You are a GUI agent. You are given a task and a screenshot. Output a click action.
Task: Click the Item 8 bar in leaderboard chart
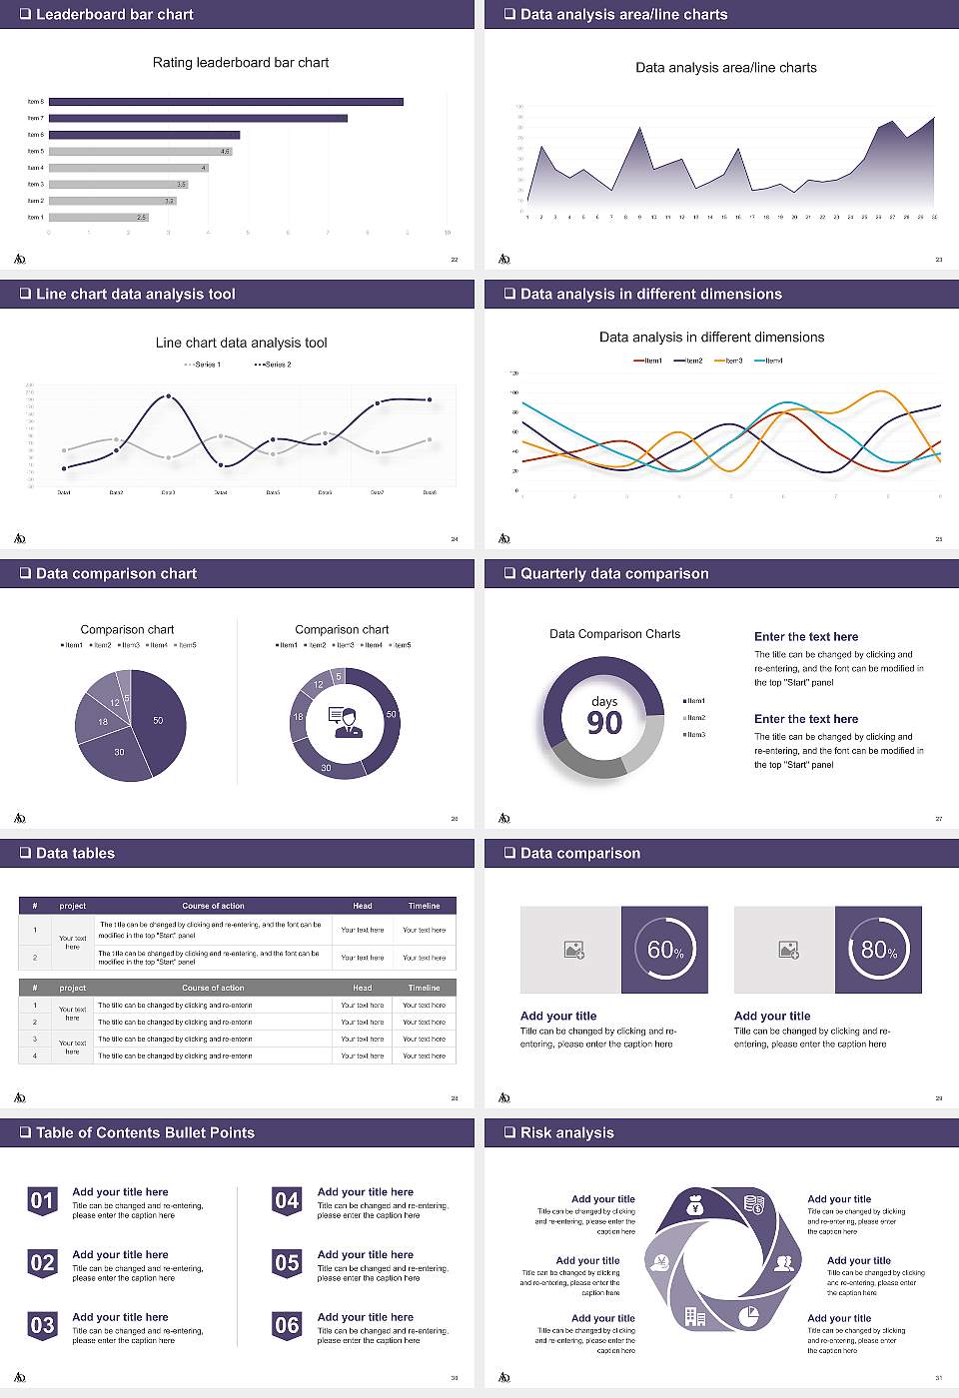tap(226, 102)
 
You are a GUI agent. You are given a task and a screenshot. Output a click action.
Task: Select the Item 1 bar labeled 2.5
tap(98, 217)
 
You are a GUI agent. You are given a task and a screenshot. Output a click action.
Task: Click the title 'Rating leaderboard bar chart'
tap(240, 62)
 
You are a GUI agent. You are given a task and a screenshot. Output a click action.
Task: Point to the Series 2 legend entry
tap(273, 364)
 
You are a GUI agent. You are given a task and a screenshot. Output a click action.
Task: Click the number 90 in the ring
tap(604, 723)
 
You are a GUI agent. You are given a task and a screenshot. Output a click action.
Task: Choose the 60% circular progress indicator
tap(664, 950)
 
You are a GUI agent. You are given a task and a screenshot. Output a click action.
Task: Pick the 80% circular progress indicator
tap(878, 950)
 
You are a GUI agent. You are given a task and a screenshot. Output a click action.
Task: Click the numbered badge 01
tap(42, 1200)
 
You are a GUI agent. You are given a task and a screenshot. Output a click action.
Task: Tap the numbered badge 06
tap(287, 1325)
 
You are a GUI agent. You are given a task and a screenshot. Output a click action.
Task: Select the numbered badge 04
tap(287, 1200)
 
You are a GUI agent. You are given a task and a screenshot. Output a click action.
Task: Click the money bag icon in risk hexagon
tap(696, 1207)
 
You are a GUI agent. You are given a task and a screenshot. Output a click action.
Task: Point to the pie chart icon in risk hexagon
tap(748, 1316)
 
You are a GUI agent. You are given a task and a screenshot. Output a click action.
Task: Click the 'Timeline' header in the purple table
tap(424, 906)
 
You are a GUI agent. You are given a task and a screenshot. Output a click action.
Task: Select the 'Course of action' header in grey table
tap(213, 988)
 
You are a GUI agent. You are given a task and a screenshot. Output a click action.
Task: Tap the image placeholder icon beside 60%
tap(573, 950)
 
